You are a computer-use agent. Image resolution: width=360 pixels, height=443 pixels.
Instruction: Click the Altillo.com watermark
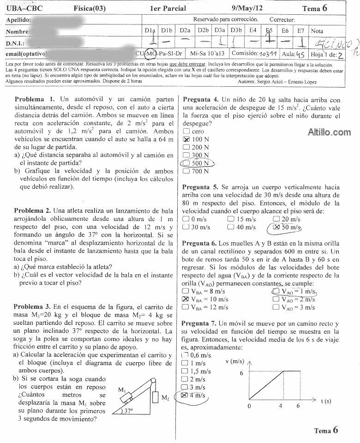329,132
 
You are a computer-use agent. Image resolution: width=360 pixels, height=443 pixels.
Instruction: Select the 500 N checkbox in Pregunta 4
186,163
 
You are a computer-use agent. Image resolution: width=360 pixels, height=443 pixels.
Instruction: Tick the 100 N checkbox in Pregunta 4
186,139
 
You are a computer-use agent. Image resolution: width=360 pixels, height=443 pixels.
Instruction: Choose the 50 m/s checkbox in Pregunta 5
276,227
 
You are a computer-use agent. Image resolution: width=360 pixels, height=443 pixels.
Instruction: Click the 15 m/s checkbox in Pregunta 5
231,219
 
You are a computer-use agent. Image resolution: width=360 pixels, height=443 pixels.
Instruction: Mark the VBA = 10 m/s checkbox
186,299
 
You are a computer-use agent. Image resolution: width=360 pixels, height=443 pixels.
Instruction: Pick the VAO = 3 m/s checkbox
276,307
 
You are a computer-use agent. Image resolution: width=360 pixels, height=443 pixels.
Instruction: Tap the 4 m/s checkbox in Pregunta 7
186,395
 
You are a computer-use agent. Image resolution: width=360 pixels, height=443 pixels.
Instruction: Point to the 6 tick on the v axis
240,372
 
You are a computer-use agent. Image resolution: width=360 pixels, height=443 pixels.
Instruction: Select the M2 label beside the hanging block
165,397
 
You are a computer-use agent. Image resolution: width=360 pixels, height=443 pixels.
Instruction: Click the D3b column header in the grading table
236,30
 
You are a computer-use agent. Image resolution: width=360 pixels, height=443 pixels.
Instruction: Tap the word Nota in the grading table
317,31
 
